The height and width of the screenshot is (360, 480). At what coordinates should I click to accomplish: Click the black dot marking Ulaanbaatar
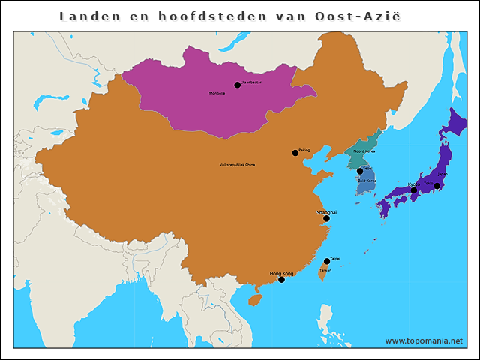tap(238, 85)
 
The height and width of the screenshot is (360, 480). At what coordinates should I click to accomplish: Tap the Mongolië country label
tap(217, 93)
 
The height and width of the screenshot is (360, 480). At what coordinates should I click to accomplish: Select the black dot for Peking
tap(295, 153)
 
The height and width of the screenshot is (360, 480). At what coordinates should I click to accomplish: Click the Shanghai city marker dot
tap(326, 219)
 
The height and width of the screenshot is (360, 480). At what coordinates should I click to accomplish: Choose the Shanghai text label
tap(326, 212)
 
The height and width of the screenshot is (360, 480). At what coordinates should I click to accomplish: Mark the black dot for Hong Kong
tap(281, 279)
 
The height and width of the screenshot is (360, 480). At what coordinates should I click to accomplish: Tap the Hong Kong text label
tap(281, 273)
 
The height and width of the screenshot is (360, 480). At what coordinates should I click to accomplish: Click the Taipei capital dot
tap(326, 262)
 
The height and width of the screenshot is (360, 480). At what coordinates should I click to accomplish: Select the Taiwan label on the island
tap(325, 269)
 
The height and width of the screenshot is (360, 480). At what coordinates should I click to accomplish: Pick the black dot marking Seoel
tap(360, 171)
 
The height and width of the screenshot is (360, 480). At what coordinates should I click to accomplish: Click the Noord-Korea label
tap(364, 151)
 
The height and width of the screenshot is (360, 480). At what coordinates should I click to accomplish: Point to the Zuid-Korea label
tap(366, 181)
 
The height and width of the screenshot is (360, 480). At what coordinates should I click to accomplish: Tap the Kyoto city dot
tap(413, 190)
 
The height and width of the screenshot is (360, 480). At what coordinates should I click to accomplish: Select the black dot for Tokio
tap(437, 186)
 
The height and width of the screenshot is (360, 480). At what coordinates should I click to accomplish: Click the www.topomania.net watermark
tap(424, 340)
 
